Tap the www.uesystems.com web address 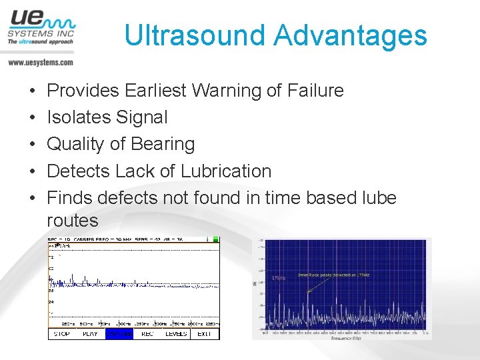[x=41, y=62]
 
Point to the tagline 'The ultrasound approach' [x=40, y=41]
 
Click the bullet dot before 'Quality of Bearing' [x=33, y=145]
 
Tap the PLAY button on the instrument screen [x=90, y=333]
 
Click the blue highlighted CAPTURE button [x=119, y=333]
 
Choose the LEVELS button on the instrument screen [x=176, y=333]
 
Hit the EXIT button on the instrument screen [x=204, y=333]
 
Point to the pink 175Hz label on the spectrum [x=279, y=279]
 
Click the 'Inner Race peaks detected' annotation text [x=327, y=274]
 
